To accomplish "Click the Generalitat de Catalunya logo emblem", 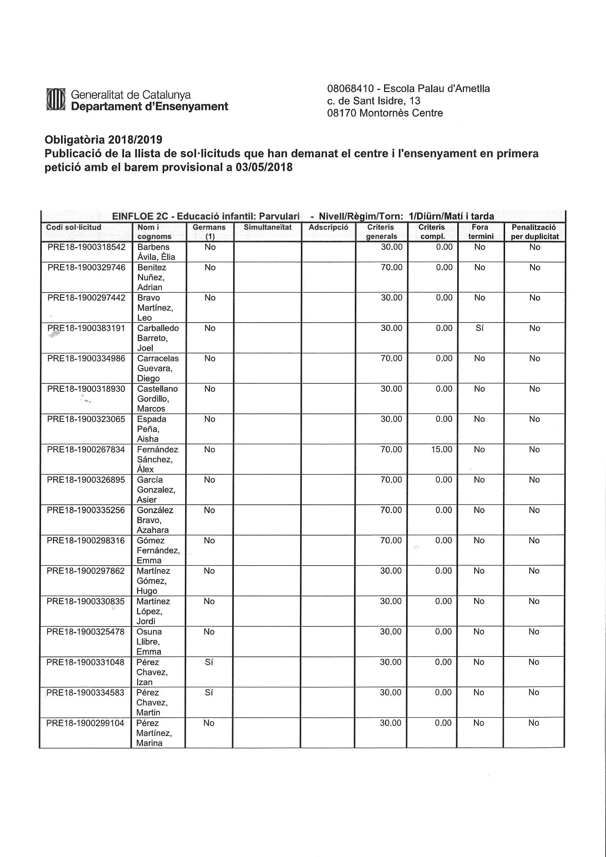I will (56, 100).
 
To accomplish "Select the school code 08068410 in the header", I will (350, 89).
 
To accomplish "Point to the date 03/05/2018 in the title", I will (264, 167).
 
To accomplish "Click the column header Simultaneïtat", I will (267, 227).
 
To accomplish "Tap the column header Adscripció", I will (328, 227).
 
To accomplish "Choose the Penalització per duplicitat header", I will (534, 232).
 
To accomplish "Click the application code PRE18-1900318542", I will (87, 247).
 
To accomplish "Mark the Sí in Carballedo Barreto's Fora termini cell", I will (480, 328).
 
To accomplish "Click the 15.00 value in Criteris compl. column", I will (441, 449).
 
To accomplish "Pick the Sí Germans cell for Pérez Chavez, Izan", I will (209, 662).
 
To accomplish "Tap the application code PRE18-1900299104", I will (85, 723).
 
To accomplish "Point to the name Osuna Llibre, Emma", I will (149, 641).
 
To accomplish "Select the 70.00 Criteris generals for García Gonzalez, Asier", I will (391, 480).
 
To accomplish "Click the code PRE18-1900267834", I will (86, 449).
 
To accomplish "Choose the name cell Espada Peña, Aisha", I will (151, 429).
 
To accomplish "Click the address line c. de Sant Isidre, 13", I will (373, 101).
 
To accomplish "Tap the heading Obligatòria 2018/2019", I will (103, 140).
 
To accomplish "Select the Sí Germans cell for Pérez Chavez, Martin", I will (209, 692).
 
